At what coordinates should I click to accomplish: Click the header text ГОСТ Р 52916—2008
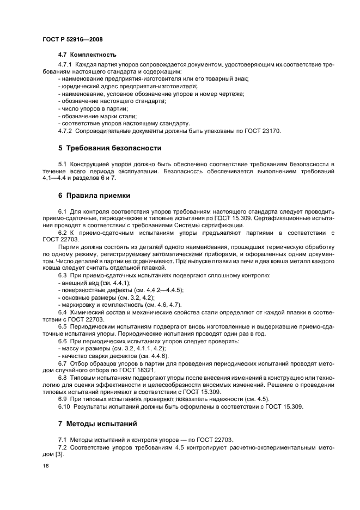[x=72, y=40]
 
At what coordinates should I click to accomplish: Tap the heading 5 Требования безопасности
[x=109, y=148]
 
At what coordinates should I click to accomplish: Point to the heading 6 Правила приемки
[x=94, y=195]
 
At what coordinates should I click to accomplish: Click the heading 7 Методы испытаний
[x=97, y=423]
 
